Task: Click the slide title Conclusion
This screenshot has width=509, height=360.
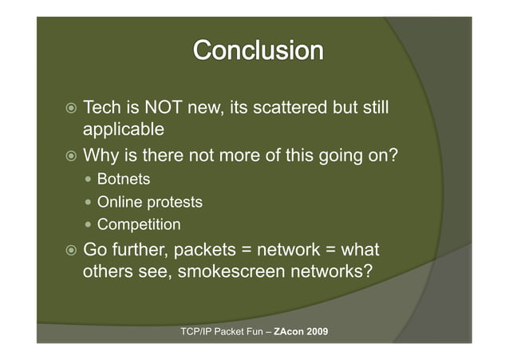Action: (258, 50)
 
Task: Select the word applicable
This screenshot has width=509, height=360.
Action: (124, 129)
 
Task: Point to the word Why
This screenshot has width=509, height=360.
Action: (101, 156)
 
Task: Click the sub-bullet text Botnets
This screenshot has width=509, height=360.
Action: (124, 179)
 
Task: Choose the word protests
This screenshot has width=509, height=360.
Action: (173, 202)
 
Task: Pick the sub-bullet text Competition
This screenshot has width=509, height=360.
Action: (139, 224)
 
